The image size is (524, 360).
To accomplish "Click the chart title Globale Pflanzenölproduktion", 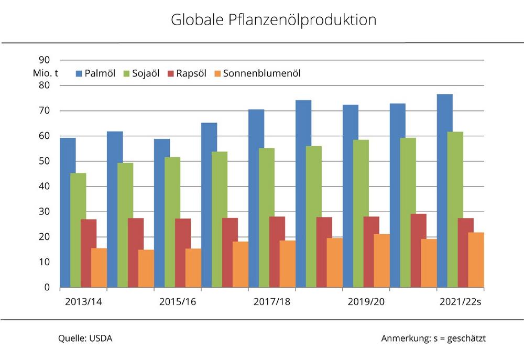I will (274, 20).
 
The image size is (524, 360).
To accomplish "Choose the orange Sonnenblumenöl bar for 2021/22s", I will (476, 260).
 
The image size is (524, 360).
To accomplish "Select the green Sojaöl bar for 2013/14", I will (78, 231).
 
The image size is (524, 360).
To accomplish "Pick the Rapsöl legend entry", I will (189, 73).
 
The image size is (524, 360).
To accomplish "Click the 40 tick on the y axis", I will (45, 187).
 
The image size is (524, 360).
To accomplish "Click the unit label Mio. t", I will (42, 73).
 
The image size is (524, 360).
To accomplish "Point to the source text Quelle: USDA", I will (85, 339).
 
